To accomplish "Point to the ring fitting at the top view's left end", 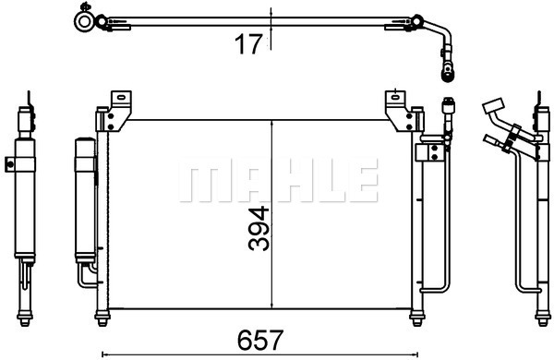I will [86, 20].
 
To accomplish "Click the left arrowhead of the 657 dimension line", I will [103, 353].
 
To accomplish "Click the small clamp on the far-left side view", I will [11, 164].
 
